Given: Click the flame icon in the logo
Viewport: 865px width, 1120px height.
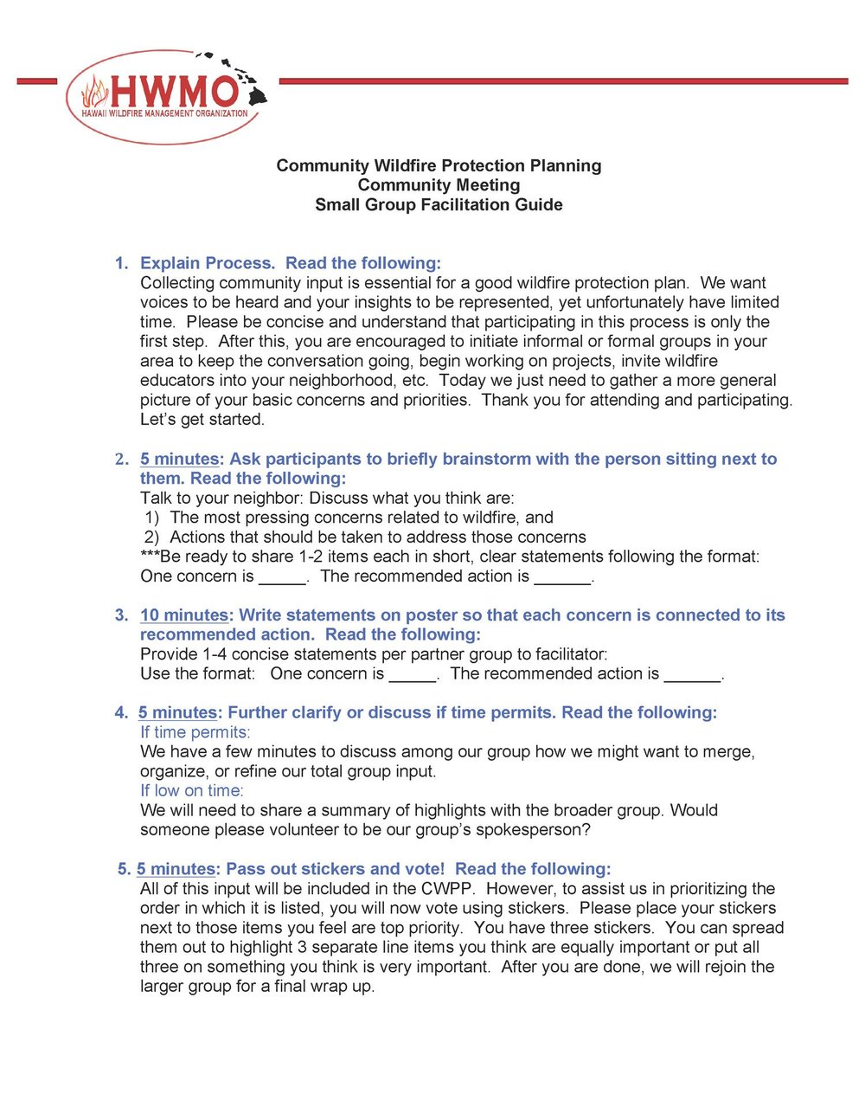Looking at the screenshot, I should pyautogui.click(x=94, y=91).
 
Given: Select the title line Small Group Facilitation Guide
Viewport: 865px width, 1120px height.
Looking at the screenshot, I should pyautogui.click(x=439, y=205).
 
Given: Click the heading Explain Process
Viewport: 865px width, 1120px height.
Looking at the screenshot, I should pyautogui.click(x=207, y=263).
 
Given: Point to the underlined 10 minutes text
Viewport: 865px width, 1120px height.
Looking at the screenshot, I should pyautogui.click(x=183, y=615).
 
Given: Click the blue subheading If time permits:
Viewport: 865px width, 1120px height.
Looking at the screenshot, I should pyautogui.click(x=195, y=732).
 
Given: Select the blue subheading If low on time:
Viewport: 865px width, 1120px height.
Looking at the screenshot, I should pyautogui.click(x=192, y=791).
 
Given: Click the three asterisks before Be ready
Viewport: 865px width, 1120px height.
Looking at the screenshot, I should pyautogui.click(x=150, y=556).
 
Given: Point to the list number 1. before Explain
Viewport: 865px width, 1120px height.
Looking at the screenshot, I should pyautogui.click(x=122, y=263).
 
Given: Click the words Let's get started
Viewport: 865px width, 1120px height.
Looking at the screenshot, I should pyautogui.click(x=202, y=420).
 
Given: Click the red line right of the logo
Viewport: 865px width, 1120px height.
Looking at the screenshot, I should pyautogui.click(x=562, y=81).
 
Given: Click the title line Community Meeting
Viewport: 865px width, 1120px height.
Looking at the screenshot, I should pyautogui.click(x=439, y=185).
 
